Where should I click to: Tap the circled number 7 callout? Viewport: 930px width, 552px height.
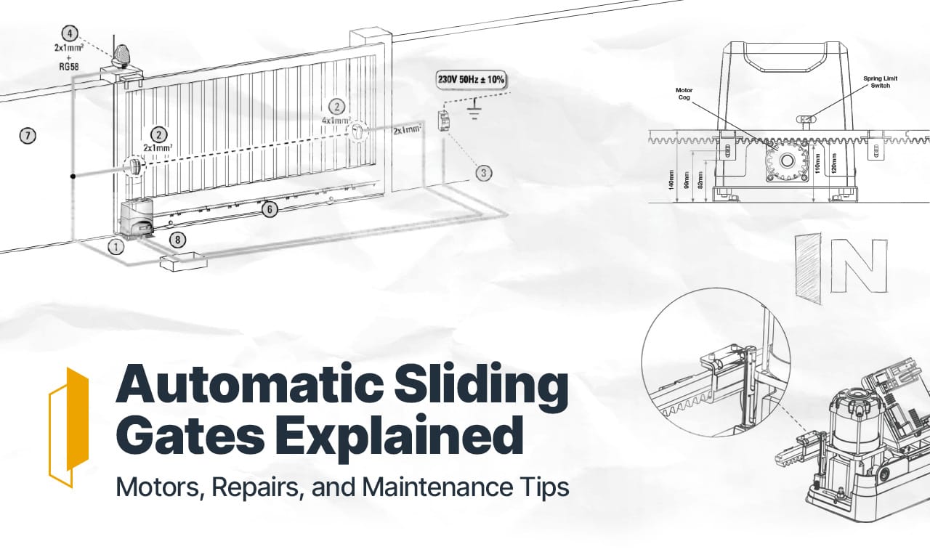(x=27, y=135)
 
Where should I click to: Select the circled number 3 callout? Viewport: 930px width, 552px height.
(x=484, y=173)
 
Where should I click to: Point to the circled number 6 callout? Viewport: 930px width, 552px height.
(x=270, y=209)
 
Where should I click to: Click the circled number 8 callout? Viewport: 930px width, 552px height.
(x=177, y=239)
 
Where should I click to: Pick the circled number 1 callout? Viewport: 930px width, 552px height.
(x=116, y=246)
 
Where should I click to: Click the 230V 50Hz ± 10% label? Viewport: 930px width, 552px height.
(x=471, y=79)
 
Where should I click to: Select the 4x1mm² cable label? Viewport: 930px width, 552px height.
(x=336, y=121)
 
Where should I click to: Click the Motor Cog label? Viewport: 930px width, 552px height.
(x=684, y=95)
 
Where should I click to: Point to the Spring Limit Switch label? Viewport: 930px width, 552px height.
(x=876, y=81)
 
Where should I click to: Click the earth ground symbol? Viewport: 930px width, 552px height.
(x=476, y=112)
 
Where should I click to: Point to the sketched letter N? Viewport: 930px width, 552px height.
(x=858, y=264)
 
